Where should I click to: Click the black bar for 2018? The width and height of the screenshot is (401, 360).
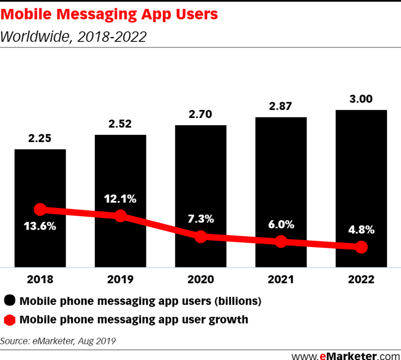[x=40, y=180]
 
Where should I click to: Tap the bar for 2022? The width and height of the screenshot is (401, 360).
[x=362, y=168]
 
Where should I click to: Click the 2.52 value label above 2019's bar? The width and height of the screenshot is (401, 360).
[x=120, y=124]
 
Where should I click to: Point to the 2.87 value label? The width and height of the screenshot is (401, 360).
[x=281, y=106]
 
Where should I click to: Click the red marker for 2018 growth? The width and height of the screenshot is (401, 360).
[x=40, y=209]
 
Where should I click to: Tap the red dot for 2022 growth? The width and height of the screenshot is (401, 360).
[x=362, y=247]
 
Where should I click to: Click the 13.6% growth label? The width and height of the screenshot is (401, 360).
[x=40, y=228]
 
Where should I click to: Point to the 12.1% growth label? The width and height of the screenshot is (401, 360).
[x=120, y=198]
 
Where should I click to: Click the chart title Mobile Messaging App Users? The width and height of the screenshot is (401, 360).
[x=109, y=15]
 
